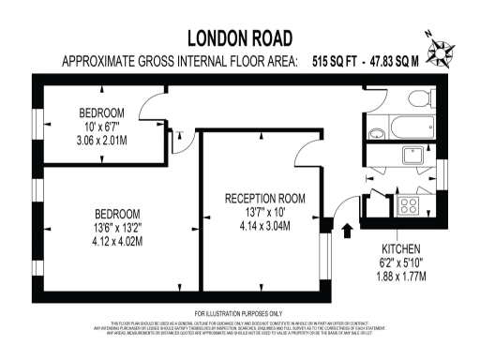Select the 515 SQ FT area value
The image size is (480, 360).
[337, 62]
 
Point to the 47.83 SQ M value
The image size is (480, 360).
[406, 62]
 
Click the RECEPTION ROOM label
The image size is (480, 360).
[266, 198]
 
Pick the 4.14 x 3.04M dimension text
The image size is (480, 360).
[266, 226]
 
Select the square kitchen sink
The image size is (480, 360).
[412, 157]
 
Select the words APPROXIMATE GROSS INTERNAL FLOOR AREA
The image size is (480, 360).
[177, 62]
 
